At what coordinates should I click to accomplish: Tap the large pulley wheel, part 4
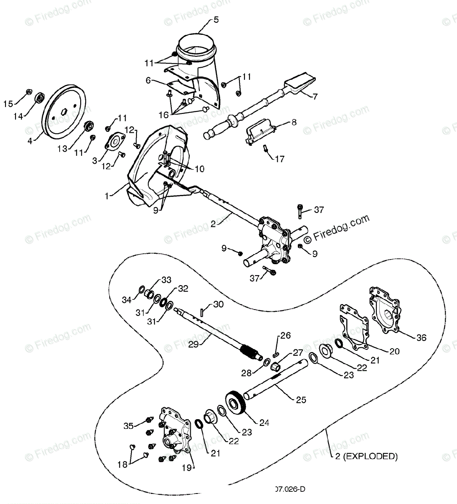65,110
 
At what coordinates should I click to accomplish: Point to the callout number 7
315,96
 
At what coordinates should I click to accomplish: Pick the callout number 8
294,123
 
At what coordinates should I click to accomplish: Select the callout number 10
199,169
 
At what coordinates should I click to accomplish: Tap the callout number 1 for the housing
108,196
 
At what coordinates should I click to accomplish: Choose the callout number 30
218,304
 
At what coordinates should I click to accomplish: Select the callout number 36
421,337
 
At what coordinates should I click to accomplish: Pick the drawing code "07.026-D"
290,489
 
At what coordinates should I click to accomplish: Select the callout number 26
286,336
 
